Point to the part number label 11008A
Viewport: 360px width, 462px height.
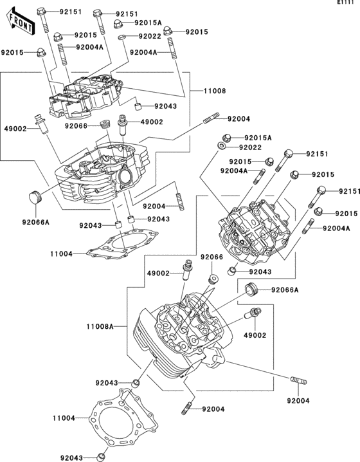100,326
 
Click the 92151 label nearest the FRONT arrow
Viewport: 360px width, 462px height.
71,12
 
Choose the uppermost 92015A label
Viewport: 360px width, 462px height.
148,23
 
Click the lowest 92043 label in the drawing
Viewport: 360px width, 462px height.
72,457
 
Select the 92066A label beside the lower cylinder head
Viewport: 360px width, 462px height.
285,290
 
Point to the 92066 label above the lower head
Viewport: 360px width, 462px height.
211,257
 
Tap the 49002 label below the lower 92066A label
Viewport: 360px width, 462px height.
255,335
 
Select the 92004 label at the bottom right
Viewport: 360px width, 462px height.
298,401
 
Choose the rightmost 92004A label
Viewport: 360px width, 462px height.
336,228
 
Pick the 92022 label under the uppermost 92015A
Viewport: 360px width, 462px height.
148,37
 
